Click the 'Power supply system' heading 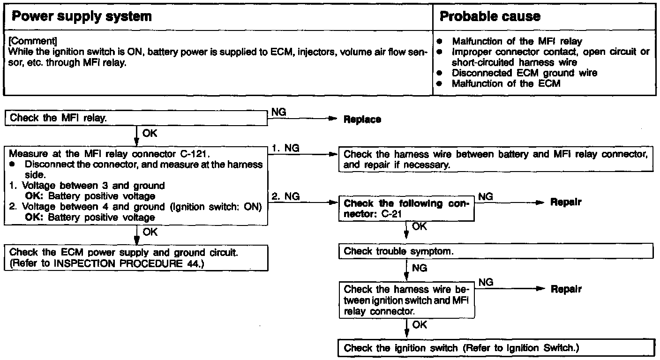(81, 17)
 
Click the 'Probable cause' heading (490, 17)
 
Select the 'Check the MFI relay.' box (136, 118)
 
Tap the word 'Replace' (362, 120)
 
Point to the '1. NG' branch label (285, 148)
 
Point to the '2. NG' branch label (285, 197)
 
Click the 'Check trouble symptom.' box (495, 251)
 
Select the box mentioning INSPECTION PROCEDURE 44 (136, 258)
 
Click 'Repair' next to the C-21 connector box (566, 202)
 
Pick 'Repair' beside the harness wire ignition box (566, 289)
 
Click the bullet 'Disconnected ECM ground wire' (524, 73)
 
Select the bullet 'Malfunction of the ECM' (506, 84)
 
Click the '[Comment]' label (27, 41)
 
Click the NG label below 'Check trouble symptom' (419, 269)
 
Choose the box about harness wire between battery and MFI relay (495, 159)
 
